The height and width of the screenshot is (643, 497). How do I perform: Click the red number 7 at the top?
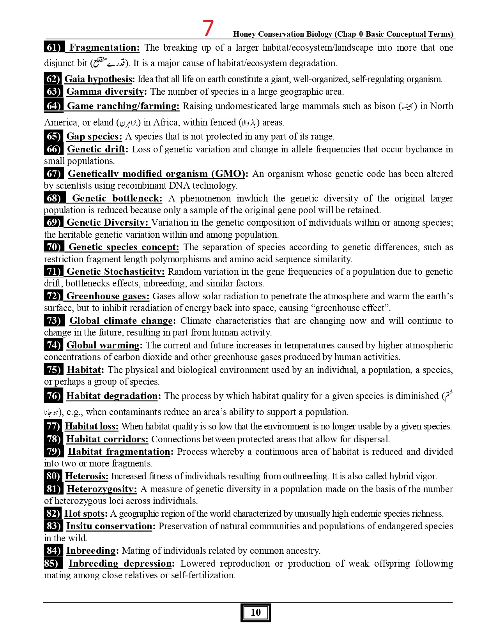pyautogui.click(x=209, y=28)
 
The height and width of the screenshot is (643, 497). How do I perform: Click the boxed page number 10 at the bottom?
pyautogui.click(x=255, y=613)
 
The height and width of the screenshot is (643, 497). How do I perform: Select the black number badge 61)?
pyautogui.click(x=53, y=48)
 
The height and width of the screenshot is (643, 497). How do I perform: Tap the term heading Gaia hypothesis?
pyautogui.click(x=98, y=79)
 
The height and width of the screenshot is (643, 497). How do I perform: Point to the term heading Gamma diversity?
pyautogui.click(x=105, y=92)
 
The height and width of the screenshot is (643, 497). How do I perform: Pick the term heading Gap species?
pyautogui.click(x=94, y=136)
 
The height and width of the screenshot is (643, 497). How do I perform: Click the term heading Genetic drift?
pyautogui.click(x=96, y=149)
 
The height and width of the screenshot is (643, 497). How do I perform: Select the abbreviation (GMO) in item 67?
pyautogui.click(x=228, y=174)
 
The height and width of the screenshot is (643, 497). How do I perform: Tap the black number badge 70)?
pyautogui.click(x=53, y=247)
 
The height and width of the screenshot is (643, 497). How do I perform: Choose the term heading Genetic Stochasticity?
pyautogui.click(x=115, y=272)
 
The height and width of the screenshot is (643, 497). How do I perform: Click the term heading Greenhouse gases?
pyautogui.click(x=108, y=296)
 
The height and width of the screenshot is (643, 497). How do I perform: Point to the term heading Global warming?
pyautogui.click(x=103, y=345)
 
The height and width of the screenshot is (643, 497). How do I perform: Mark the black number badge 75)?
pyautogui.click(x=53, y=370)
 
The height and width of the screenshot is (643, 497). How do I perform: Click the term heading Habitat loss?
pyautogui.click(x=92, y=426)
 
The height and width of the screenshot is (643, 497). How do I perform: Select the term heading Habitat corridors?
pyautogui.click(x=107, y=439)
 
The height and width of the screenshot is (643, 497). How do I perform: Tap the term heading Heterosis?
pyautogui.click(x=87, y=476)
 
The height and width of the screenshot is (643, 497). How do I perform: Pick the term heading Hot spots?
pyautogui.click(x=85, y=514)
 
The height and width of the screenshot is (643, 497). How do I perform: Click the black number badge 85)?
pyautogui.click(x=53, y=564)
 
